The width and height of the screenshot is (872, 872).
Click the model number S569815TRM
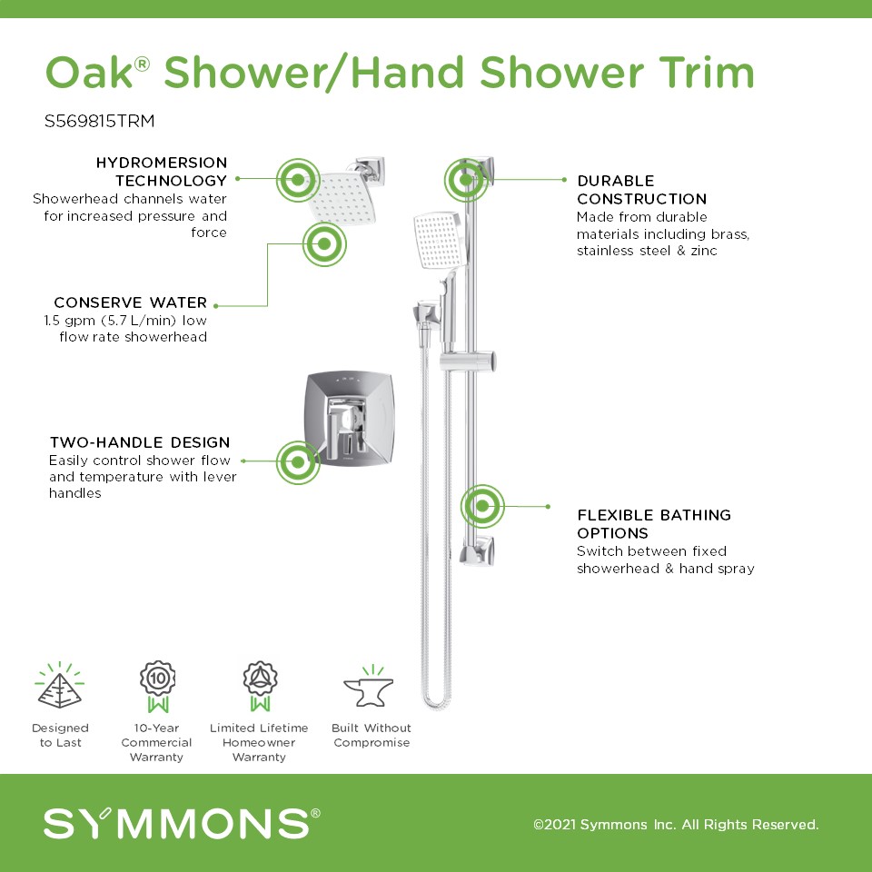click(100, 121)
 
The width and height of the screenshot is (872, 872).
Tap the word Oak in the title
click(89, 73)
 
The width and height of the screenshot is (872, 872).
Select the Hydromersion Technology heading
click(162, 172)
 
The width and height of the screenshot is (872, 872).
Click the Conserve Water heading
click(131, 302)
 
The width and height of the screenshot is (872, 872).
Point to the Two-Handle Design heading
click(140, 442)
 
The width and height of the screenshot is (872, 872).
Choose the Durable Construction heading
click(642, 190)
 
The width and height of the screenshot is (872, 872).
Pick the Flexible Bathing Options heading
click(654, 524)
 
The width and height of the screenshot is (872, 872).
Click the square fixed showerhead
click(343, 197)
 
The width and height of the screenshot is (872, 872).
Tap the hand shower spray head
click(438, 239)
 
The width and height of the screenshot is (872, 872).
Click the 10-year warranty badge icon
click(158, 687)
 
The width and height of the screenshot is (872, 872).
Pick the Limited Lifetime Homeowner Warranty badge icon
click(260, 687)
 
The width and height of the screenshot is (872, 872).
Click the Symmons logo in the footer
click(182, 823)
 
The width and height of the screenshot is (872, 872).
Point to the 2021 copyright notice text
click(676, 824)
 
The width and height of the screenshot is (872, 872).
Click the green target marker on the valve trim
click(298, 462)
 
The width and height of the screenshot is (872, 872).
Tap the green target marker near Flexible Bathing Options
click(482, 506)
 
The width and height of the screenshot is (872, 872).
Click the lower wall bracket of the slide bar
click(478, 550)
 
